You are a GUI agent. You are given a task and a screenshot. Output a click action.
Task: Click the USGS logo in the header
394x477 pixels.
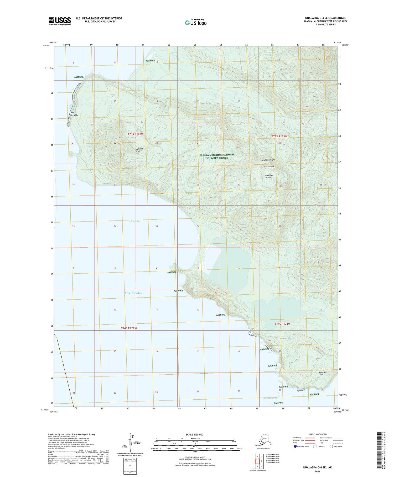[x=60, y=21]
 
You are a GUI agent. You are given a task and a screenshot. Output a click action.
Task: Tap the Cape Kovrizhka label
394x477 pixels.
[x=74, y=114]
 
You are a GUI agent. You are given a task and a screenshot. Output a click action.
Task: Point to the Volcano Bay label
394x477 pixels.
[x=134, y=221]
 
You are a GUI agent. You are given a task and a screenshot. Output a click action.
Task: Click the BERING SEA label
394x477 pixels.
[x=133, y=293]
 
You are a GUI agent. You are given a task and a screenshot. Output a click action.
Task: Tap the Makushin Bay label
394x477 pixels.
[x=270, y=398]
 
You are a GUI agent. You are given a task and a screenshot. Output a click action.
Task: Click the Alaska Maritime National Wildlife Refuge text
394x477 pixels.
[x=217, y=156]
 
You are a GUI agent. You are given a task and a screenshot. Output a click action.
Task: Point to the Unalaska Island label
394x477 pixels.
[x=268, y=160]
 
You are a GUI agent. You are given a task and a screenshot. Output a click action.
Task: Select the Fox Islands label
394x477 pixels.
[x=269, y=167]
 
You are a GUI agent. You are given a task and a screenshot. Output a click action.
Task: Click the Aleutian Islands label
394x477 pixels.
[x=269, y=176]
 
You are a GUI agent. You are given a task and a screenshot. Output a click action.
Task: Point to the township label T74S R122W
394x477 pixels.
[x=129, y=328]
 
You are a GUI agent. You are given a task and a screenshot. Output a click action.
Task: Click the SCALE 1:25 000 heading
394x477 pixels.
[x=195, y=434]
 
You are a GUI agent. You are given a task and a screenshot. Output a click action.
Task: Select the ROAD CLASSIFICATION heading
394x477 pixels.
[x=318, y=434]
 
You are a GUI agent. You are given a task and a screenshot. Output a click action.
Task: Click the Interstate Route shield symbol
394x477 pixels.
[x=295, y=446]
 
